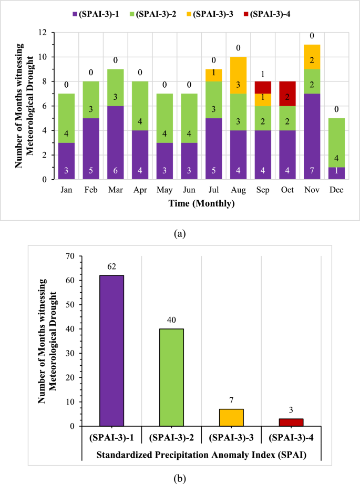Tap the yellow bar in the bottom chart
232,417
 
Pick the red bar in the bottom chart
292,422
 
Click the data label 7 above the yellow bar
232,400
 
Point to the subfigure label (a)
180,231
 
